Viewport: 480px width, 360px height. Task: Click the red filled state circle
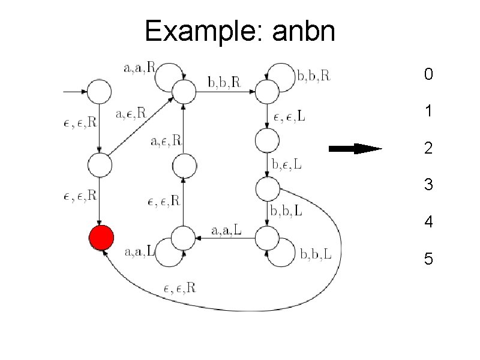(x=101, y=238)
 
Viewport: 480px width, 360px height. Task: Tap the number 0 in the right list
(x=428, y=75)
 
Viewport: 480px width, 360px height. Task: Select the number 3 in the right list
(x=428, y=185)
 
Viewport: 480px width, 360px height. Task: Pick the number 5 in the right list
(x=428, y=259)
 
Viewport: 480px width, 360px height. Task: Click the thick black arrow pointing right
(x=356, y=149)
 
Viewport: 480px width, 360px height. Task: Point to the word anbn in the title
(x=304, y=31)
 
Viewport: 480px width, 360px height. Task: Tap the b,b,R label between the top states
(x=224, y=82)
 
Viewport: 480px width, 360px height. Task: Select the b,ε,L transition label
(x=287, y=164)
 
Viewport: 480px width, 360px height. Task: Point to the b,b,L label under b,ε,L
(x=287, y=211)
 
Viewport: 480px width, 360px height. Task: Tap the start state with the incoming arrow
(x=100, y=92)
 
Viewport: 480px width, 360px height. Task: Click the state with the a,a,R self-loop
(x=184, y=92)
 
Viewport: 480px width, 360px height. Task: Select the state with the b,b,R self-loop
(x=267, y=92)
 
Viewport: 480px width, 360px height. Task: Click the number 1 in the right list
(x=428, y=112)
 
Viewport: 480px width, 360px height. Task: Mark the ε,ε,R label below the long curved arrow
(x=179, y=288)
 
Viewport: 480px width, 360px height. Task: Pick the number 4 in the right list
(x=428, y=222)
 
